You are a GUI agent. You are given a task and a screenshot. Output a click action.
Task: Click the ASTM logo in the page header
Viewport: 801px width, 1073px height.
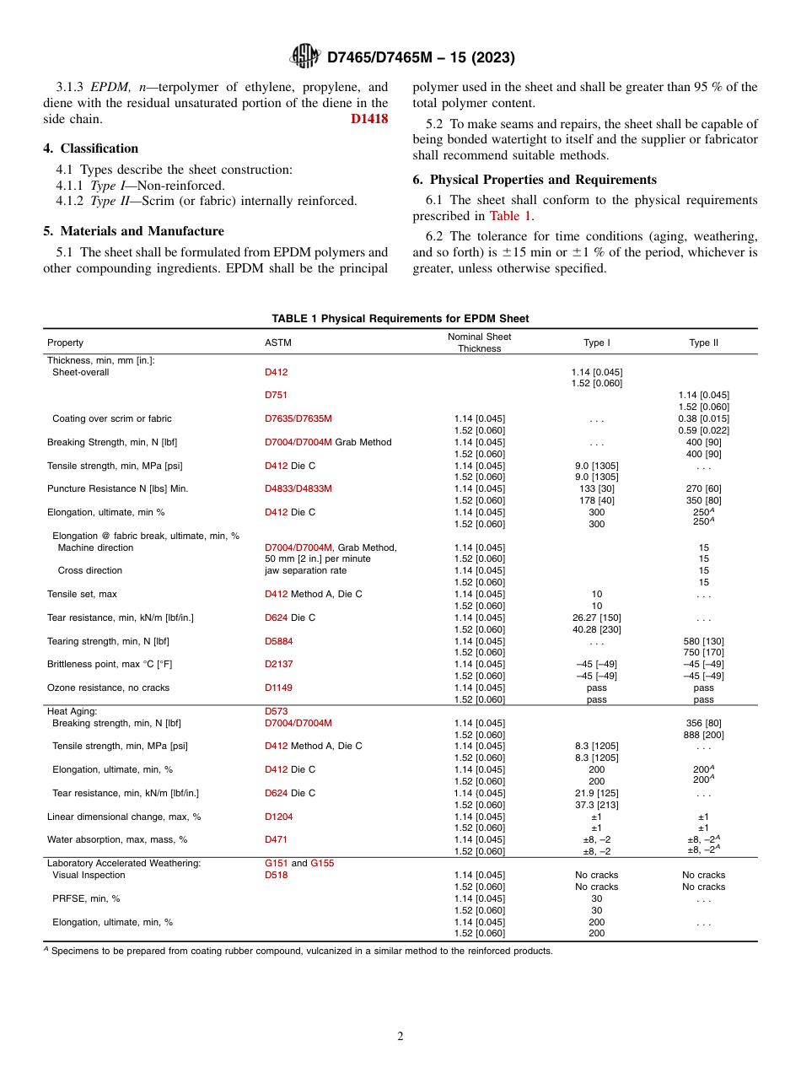click(x=305, y=57)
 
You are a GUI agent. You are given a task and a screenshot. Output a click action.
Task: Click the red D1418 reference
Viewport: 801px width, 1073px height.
click(x=369, y=119)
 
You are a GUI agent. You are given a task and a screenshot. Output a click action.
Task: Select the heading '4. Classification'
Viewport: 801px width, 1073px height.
click(x=91, y=148)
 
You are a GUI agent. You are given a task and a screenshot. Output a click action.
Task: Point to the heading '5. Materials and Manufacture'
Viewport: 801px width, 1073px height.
click(x=133, y=231)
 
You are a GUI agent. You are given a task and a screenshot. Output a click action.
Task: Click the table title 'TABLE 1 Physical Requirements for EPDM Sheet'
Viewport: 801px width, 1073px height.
click(x=400, y=319)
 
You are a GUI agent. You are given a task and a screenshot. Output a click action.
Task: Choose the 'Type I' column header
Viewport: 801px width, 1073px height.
click(x=596, y=342)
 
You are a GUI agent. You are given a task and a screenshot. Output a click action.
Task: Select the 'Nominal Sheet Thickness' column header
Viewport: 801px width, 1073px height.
click(x=479, y=342)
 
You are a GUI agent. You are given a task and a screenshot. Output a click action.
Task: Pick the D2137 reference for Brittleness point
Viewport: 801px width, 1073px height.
click(x=278, y=665)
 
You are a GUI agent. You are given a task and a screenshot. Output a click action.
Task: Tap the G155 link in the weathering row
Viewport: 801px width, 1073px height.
click(x=322, y=864)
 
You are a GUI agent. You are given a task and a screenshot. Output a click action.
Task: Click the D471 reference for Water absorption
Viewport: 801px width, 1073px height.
click(x=276, y=840)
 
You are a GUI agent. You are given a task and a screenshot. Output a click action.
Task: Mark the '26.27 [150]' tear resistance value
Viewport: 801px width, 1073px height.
click(x=596, y=617)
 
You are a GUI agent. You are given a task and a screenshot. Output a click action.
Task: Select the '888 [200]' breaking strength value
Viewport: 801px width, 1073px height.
click(x=703, y=735)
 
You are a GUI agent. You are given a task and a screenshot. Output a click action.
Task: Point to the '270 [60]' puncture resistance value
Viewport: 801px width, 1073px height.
click(x=703, y=488)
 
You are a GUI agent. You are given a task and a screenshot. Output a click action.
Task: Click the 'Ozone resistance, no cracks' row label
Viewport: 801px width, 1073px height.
click(x=108, y=688)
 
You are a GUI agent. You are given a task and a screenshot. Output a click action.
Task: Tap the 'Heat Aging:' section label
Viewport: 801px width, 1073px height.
click(x=72, y=711)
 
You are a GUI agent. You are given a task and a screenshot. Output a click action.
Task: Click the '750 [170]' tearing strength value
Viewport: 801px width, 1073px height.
click(x=703, y=653)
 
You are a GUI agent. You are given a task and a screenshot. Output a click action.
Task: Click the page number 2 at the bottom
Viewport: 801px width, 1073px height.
click(x=400, y=1037)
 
